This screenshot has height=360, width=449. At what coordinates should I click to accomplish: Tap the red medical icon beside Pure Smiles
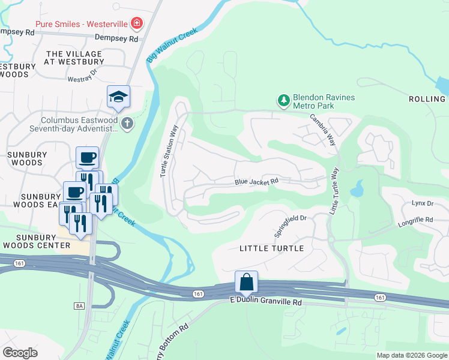137,23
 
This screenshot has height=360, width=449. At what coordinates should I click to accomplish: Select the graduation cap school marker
119,97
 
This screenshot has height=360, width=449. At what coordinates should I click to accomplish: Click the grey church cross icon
126,123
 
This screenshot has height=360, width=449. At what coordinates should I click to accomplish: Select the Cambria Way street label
322,131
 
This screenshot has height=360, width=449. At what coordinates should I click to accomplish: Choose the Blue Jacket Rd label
256,181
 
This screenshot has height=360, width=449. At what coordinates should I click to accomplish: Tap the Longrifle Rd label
415,221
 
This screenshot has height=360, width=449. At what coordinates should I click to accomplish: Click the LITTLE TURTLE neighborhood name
271,248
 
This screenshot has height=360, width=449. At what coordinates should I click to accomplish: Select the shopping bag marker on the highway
246,282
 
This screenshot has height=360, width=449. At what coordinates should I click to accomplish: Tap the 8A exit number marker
79,306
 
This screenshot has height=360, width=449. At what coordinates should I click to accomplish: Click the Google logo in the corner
20,353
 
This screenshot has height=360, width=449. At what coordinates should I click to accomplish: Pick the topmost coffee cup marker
87,158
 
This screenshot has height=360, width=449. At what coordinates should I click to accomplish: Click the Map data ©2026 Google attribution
411,355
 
